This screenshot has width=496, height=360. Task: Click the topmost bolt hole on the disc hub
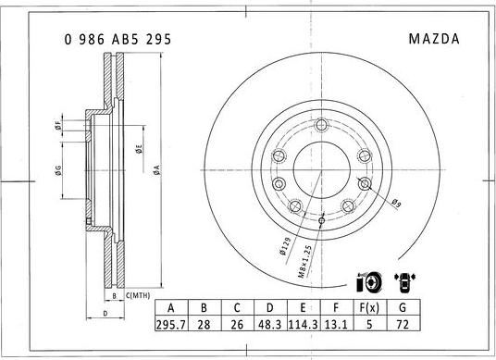click(x=320, y=127)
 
